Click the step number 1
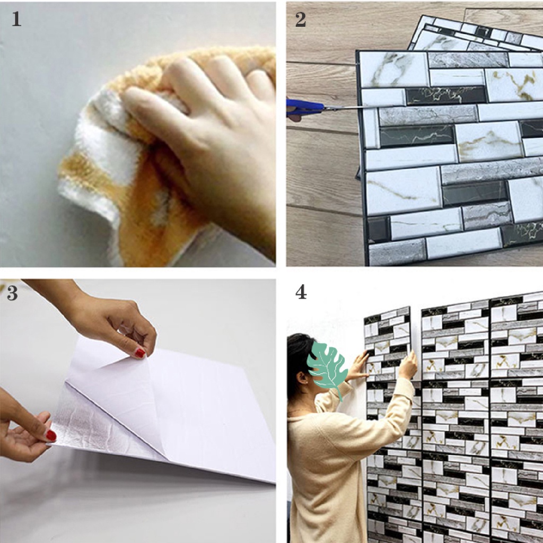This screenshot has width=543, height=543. tap(16, 19)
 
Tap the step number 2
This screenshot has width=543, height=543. tap(301, 20)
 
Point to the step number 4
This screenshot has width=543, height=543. tap(301, 292)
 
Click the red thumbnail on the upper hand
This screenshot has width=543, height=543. tap(139, 353)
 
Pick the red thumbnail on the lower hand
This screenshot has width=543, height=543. tap(51, 435)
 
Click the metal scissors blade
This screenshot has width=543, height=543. tap(346, 108)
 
